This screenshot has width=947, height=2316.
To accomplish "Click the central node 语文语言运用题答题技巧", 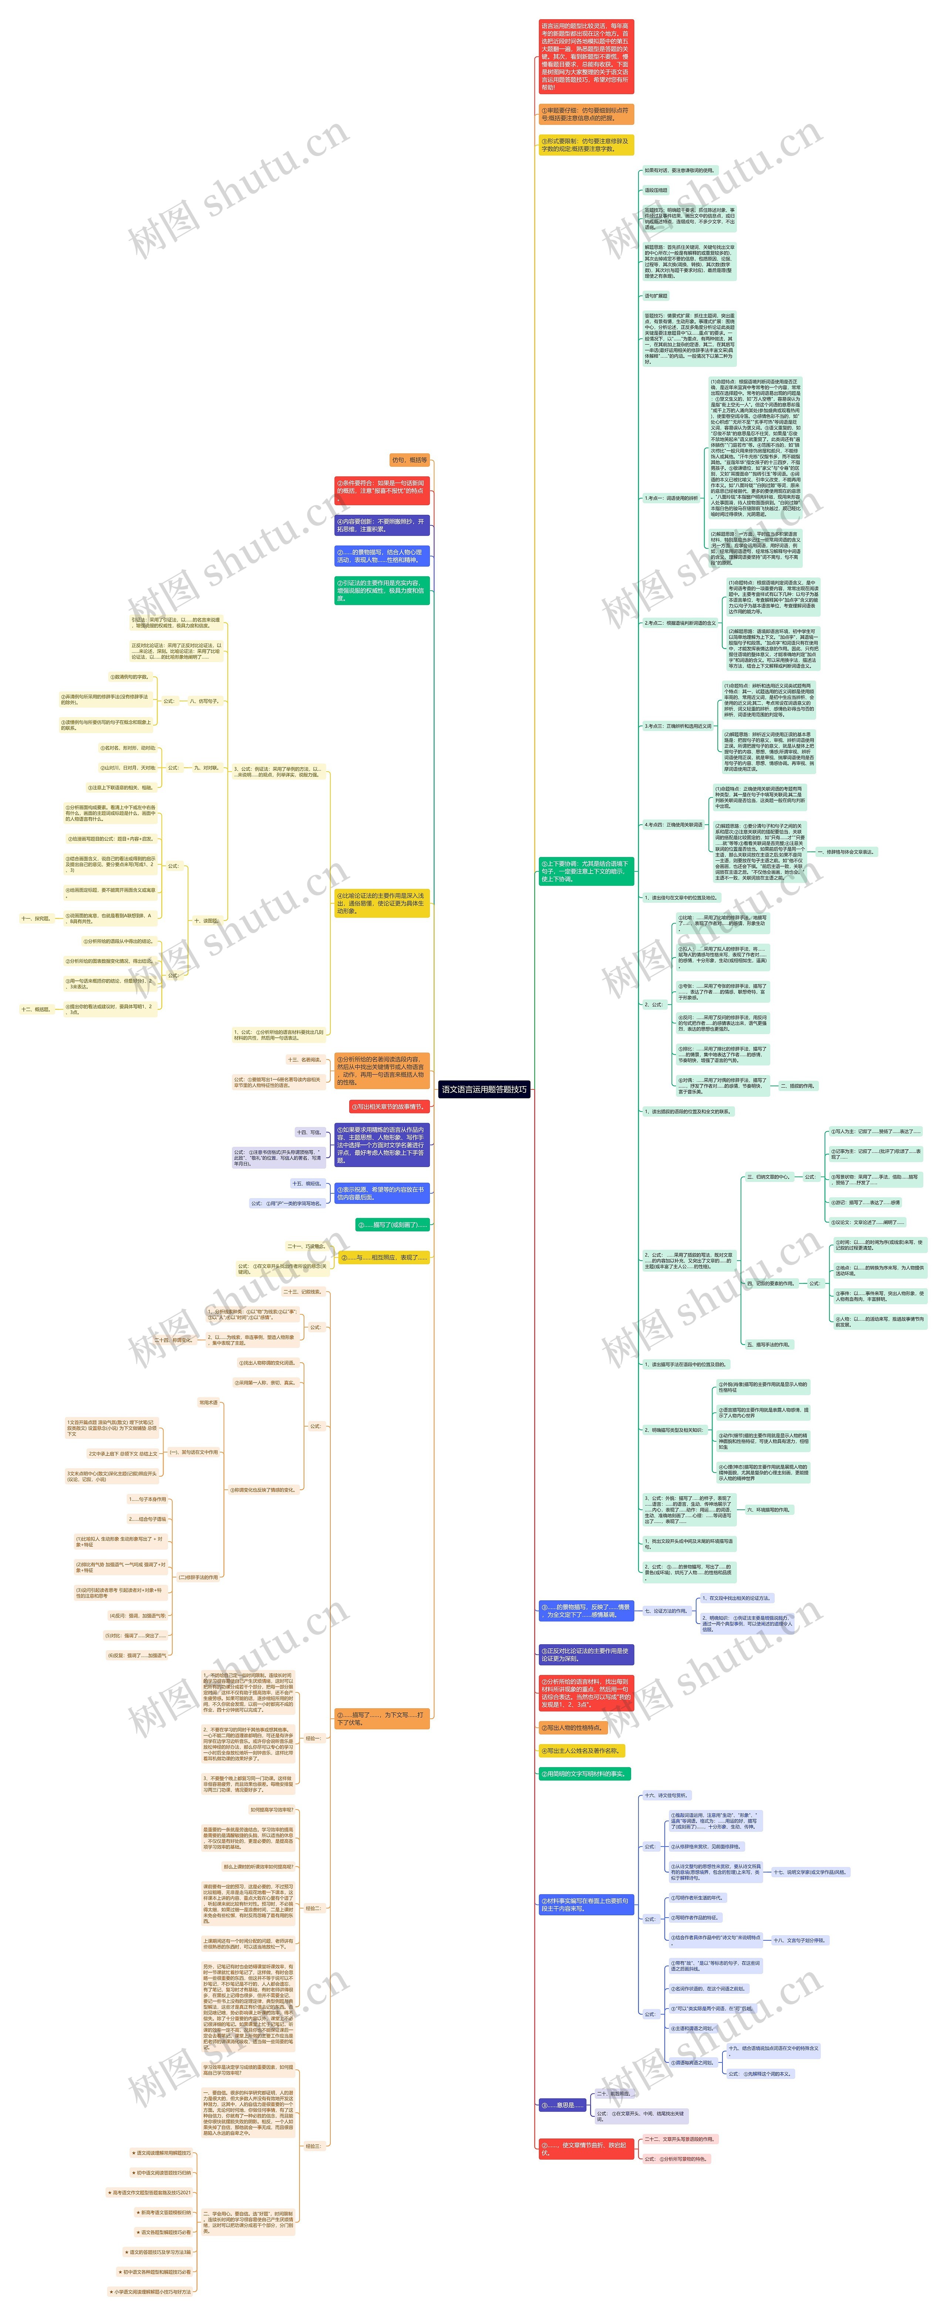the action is [x=484, y=1089].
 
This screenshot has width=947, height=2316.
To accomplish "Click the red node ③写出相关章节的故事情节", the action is [x=388, y=1107].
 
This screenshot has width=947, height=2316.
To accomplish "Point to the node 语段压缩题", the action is [x=656, y=191].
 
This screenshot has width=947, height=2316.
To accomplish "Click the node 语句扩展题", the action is [x=656, y=296].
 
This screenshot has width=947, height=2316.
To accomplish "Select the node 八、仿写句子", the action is [x=204, y=701].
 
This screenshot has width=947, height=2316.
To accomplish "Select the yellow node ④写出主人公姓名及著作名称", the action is [x=581, y=1750].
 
